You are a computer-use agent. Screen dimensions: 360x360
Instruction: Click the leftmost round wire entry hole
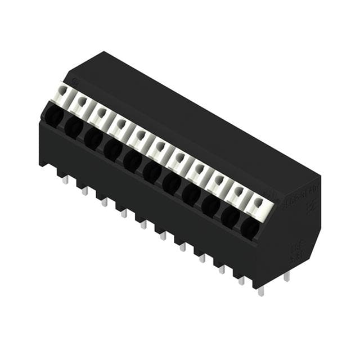tap(54, 116)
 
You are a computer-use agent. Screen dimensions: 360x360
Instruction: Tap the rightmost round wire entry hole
tap(250, 227)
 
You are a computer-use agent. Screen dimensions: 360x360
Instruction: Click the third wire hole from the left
tap(93, 138)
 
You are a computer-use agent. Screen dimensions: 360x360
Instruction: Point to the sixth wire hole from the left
tap(152, 172)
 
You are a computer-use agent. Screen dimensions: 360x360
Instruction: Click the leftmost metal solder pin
tap(65, 179)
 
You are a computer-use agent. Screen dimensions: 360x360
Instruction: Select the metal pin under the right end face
tap(287, 276)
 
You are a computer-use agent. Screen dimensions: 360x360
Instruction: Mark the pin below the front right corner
tap(260, 290)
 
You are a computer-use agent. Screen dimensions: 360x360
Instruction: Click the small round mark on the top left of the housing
tap(75, 83)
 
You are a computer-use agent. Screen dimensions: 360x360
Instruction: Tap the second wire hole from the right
tap(230, 216)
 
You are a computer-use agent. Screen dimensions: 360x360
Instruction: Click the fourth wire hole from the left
tap(112, 149)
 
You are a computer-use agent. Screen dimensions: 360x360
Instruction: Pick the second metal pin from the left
tap(85, 191)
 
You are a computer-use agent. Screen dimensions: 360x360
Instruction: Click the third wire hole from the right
tap(210, 205)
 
